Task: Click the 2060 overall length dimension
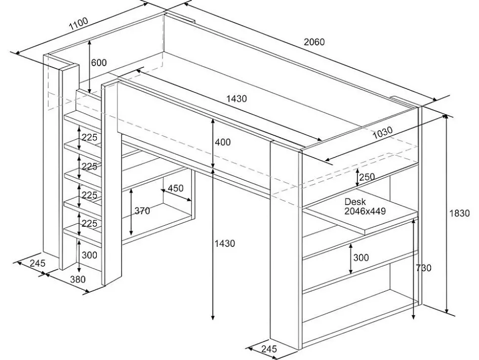pyautogui.click(x=314, y=42)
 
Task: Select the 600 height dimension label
pyautogui.click(x=99, y=63)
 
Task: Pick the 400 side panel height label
pyautogui.click(x=223, y=142)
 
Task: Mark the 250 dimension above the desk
pyautogui.click(x=367, y=177)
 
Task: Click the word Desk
pyautogui.click(x=355, y=202)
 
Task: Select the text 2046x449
pyautogui.click(x=365, y=211)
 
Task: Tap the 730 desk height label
pyautogui.click(x=423, y=268)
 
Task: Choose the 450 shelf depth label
pyautogui.click(x=176, y=188)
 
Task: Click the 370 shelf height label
pyautogui.click(x=143, y=211)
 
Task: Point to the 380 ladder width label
pyautogui.click(x=77, y=279)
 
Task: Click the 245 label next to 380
pyautogui.click(x=37, y=263)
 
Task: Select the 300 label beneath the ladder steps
pyautogui.click(x=89, y=255)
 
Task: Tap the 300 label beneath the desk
pyautogui.click(x=361, y=257)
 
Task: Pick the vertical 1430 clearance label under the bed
pyautogui.click(x=225, y=243)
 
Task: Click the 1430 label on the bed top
pyautogui.click(x=237, y=99)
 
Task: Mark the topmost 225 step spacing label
pyautogui.click(x=89, y=138)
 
